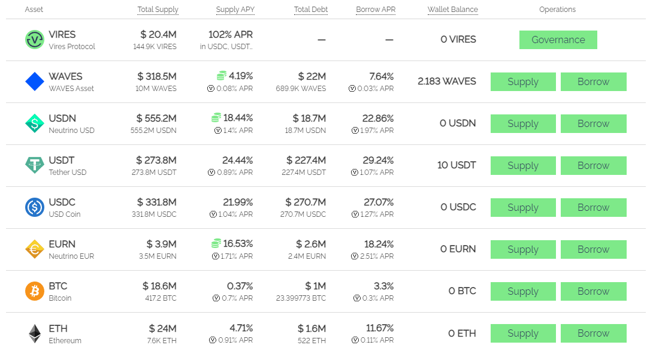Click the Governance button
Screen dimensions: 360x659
pyautogui.click(x=558, y=40)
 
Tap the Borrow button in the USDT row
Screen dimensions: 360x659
pyautogui.click(x=593, y=165)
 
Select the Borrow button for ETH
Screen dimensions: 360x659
pyautogui.click(x=593, y=333)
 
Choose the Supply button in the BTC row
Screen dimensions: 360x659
pyautogui.click(x=523, y=291)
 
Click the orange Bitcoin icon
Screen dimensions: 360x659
pyautogui.click(x=35, y=291)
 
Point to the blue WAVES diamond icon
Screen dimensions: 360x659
pyautogui.click(x=35, y=81)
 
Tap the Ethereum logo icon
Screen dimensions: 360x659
pyautogui.click(x=35, y=334)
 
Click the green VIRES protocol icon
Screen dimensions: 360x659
pyautogui.click(x=35, y=40)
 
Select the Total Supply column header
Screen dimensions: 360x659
pyautogui.click(x=158, y=10)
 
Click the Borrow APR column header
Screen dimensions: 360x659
pyautogui.click(x=376, y=10)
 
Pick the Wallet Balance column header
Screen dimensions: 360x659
pyautogui.click(x=452, y=10)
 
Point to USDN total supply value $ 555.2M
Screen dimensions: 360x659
pyautogui.click(x=156, y=118)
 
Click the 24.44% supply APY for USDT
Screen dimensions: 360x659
pyautogui.click(x=237, y=160)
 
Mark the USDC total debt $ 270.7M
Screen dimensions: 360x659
pyautogui.click(x=306, y=202)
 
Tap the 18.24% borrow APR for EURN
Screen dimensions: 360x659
pyautogui.click(x=379, y=244)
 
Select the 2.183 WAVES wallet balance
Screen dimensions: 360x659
pyautogui.click(x=447, y=81)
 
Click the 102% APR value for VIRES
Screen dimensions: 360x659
pyautogui.click(x=231, y=35)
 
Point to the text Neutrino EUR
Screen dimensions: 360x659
pyautogui.click(x=71, y=256)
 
